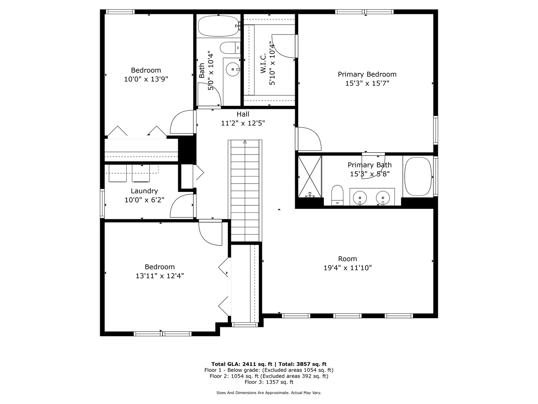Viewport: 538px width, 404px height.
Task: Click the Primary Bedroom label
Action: pyautogui.click(x=367, y=74)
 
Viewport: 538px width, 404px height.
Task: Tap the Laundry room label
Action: pyautogui.click(x=144, y=191)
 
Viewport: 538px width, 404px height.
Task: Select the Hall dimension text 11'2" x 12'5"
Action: pyautogui.click(x=243, y=123)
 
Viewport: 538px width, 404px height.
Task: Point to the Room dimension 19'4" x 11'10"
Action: pyautogui.click(x=347, y=267)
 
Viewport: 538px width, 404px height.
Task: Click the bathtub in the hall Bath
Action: pyautogui.click(x=219, y=26)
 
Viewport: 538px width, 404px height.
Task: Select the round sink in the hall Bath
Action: pyautogui.click(x=232, y=70)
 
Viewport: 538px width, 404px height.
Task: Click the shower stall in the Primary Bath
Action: pyautogui.click(x=310, y=176)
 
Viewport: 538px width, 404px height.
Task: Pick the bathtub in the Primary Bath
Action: pyautogui.click(x=418, y=177)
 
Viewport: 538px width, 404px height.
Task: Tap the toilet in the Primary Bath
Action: pyautogui.click(x=337, y=195)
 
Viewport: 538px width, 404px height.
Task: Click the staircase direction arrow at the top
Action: pyautogui.click(x=245, y=142)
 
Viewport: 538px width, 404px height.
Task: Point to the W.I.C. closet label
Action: pyautogui.click(x=263, y=63)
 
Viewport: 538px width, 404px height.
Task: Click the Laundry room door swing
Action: pyautogui.click(x=182, y=206)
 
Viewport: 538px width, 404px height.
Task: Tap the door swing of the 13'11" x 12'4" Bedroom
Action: pyautogui.click(x=210, y=233)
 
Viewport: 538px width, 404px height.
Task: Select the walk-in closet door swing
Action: pyautogui.click(x=284, y=46)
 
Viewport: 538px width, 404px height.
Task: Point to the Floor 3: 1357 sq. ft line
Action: pyautogui.click(x=269, y=382)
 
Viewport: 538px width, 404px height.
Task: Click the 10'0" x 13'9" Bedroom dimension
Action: pyautogui.click(x=146, y=79)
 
